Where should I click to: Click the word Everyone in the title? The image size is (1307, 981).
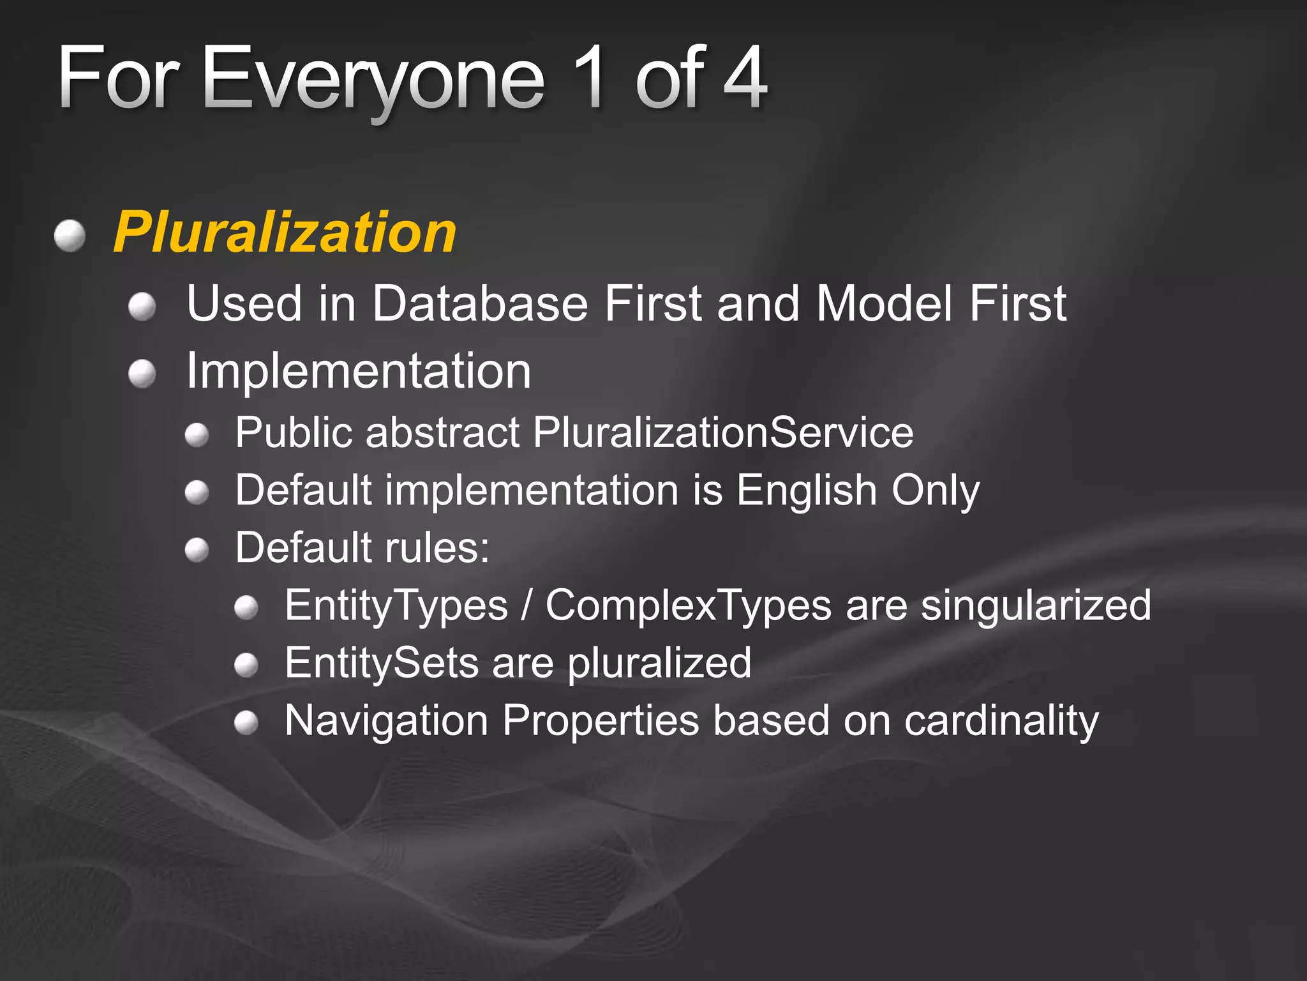point(373,79)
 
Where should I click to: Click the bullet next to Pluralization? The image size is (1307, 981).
point(70,236)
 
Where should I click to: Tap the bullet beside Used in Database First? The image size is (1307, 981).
point(142,307)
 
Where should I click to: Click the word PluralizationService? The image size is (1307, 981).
point(723,432)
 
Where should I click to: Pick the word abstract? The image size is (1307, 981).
point(443,432)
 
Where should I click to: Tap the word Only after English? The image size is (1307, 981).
point(935,490)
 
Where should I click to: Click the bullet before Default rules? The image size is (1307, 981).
point(197,550)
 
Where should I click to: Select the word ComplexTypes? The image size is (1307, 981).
point(688,605)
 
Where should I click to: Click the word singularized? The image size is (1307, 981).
point(1036,605)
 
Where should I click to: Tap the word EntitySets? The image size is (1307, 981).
point(381,662)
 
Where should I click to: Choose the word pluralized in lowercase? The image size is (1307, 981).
point(659,664)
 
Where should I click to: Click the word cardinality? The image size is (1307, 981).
point(1001,720)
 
